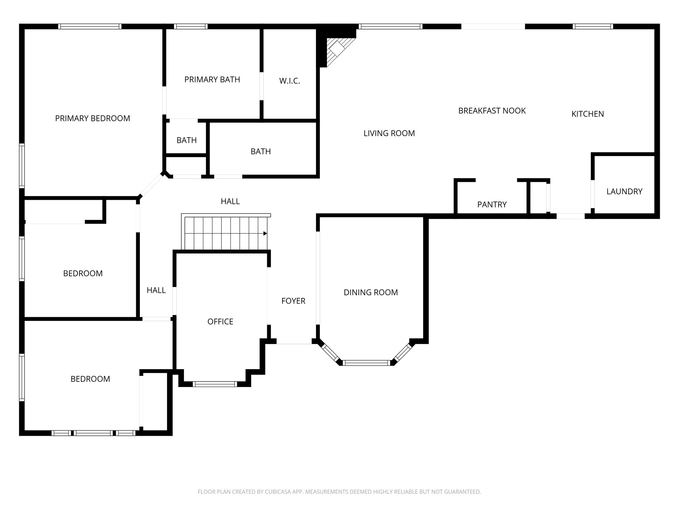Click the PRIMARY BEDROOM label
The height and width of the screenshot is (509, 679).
pos(93,118)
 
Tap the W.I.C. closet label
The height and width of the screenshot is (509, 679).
pos(289,81)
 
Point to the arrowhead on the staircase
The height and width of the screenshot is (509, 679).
pos(265,234)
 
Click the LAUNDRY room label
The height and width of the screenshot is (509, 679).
pos(624,192)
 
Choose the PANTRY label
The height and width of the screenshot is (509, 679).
pos(492,204)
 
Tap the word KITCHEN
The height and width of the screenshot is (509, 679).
pos(587,114)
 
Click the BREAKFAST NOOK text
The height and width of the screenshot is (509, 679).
pos(492,111)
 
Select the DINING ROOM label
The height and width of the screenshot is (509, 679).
pos(371,292)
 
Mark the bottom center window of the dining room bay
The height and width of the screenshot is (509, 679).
pos(366,363)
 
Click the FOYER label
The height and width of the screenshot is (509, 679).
pos(293,301)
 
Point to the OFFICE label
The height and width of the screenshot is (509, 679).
pos(220,321)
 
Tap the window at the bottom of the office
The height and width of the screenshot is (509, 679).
pos(215,384)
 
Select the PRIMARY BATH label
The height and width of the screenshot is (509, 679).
pos(212,80)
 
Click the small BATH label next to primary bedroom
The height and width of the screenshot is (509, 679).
pos(186,140)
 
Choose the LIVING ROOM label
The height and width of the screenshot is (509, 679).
pos(389,133)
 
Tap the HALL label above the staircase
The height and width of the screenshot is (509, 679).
pos(230,201)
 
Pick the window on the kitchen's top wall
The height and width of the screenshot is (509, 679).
pos(592,27)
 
